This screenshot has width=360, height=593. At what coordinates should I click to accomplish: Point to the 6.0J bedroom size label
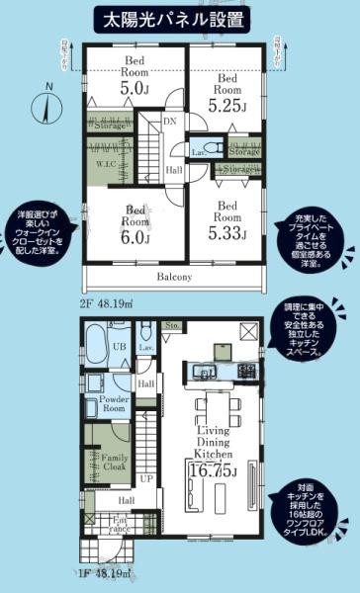coord(135,237)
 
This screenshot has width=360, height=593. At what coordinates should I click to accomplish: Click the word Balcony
coord(173,278)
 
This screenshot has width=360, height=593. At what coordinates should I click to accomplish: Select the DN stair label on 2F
coord(169,122)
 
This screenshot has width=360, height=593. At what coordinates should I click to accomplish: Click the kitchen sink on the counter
coord(206,372)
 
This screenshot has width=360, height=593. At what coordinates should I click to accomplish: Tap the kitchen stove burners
coord(243,372)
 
